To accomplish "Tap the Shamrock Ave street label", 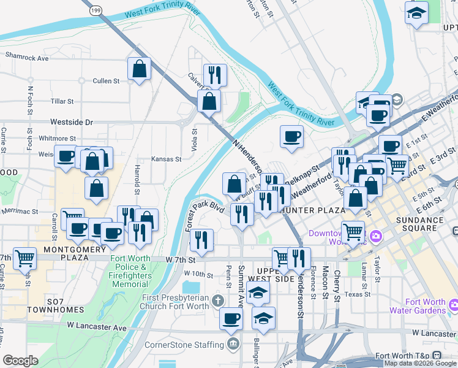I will (x=26, y=58).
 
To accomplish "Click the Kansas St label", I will (x=166, y=159).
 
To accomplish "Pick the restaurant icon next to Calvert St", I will (x=215, y=75).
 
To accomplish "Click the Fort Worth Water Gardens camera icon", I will (x=454, y=305).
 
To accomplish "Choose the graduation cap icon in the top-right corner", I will (x=417, y=13).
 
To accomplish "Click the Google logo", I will (x=20, y=361).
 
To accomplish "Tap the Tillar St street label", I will (x=62, y=101).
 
